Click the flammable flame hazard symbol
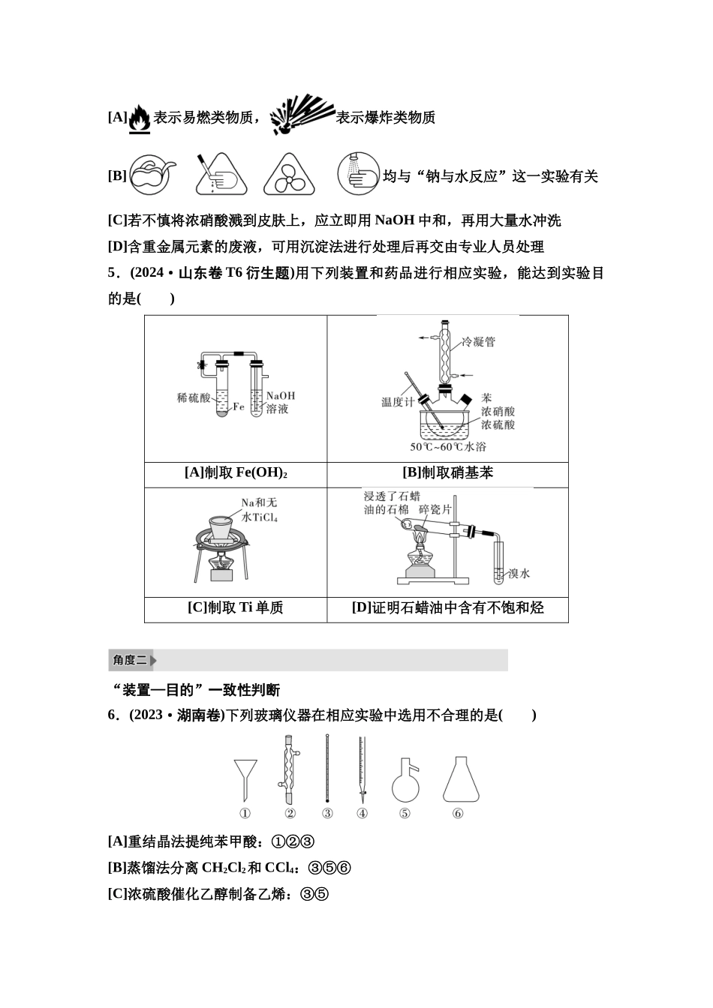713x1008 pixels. [140, 118]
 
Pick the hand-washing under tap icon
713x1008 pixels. [357, 174]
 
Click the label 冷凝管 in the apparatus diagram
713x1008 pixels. [478, 342]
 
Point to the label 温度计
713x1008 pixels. [398, 402]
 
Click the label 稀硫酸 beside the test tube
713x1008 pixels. [194, 397]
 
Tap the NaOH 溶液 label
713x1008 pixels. [280, 402]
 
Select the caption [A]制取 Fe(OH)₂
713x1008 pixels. [236, 473]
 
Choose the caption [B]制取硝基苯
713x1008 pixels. [447, 473]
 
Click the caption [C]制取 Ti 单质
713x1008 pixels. [236, 608]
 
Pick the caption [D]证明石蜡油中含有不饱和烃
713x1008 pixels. [447, 608]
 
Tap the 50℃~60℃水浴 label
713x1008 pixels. [448, 447]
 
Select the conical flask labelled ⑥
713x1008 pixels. [460, 780]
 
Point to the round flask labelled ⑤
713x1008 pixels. [405, 781]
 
